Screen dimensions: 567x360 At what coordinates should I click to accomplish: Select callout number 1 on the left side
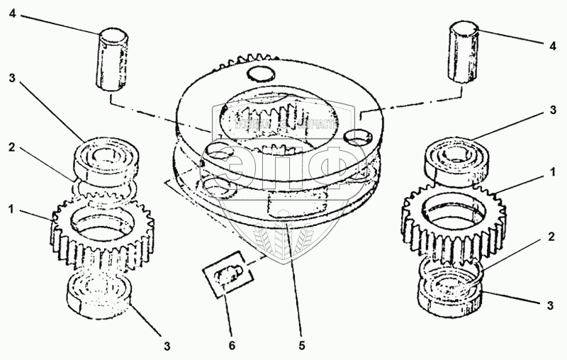(x=11, y=209)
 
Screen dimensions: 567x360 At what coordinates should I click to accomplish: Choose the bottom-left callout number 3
(x=167, y=347)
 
